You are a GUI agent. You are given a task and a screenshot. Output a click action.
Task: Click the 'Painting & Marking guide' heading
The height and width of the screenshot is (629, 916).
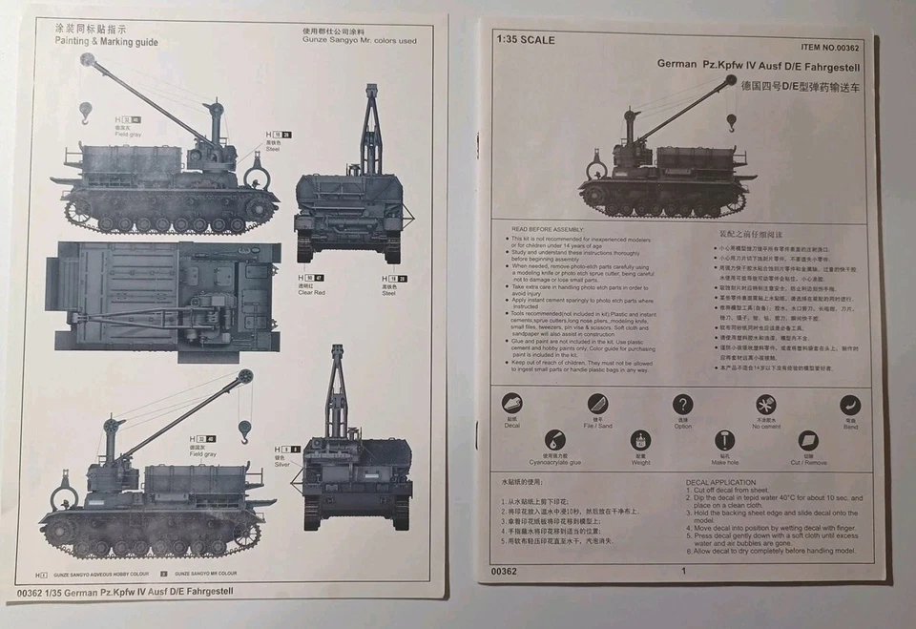pyautogui.click(x=106, y=42)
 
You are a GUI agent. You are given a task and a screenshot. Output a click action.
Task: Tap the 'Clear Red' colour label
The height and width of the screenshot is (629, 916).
pyautogui.click(x=311, y=292)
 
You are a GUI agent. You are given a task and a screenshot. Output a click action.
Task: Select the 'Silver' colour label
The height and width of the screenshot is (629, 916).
pyautogui.click(x=282, y=465)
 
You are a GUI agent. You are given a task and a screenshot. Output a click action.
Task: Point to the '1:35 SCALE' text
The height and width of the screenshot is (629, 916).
pyautogui.click(x=526, y=40)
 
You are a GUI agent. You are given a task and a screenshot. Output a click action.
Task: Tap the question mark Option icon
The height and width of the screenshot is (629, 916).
pyautogui.click(x=682, y=404)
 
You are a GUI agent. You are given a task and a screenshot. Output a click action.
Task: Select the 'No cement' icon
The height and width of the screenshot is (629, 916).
pyautogui.click(x=765, y=404)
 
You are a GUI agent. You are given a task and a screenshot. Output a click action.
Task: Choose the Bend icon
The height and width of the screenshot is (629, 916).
pyautogui.click(x=849, y=405)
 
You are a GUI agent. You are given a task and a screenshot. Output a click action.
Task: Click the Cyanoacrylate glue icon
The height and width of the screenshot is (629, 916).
pyautogui.click(x=554, y=440)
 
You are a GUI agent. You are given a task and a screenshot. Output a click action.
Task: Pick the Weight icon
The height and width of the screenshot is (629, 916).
pyautogui.click(x=640, y=440)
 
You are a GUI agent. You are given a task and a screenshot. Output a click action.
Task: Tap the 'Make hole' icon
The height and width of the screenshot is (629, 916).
pyautogui.click(x=724, y=440)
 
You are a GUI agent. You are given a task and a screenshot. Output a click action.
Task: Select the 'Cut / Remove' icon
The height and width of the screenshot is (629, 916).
pyautogui.click(x=808, y=440)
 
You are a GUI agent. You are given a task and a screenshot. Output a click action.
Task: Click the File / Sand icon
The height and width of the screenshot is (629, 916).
pyautogui.click(x=597, y=404)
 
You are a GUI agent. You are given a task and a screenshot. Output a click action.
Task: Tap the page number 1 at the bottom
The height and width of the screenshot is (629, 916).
pyautogui.click(x=683, y=571)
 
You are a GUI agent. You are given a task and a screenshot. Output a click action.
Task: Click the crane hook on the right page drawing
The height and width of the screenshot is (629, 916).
pyautogui.click(x=731, y=123)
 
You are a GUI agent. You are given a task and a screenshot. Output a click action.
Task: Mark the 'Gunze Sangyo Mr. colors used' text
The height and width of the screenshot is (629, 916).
pyautogui.click(x=359, y=41)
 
